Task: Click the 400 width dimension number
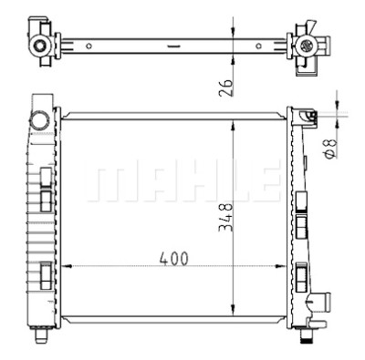pos(173,259)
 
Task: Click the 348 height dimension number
pos(225,217)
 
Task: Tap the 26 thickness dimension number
pos(225,87)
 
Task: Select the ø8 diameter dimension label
pos(329,149)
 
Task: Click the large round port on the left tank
pos(40,121)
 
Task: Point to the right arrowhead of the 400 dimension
pos(281,266)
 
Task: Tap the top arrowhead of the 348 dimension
pos(233,126)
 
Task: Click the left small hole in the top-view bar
pos(89,46)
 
